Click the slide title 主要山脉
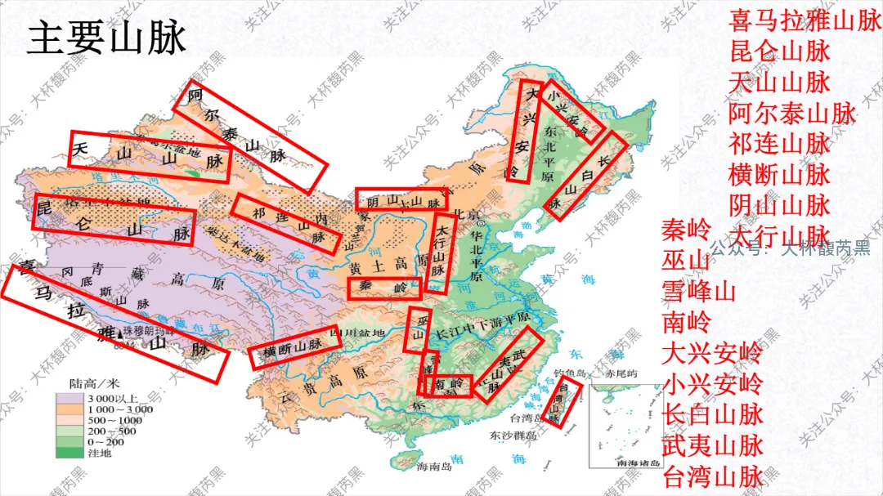pos(107,39)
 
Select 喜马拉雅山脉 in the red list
pos(805,20)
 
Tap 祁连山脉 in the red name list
pos(779,144)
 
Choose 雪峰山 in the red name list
pos(698,292)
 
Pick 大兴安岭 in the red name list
pos(711,354)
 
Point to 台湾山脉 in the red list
pos(711,476)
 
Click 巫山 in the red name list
pos(686,261)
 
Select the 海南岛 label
pos(433,468)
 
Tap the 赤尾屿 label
pos(619,374)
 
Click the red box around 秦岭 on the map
pos(383,288)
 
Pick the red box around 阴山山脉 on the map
pos(403,199)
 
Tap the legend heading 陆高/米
pos(95,382)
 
